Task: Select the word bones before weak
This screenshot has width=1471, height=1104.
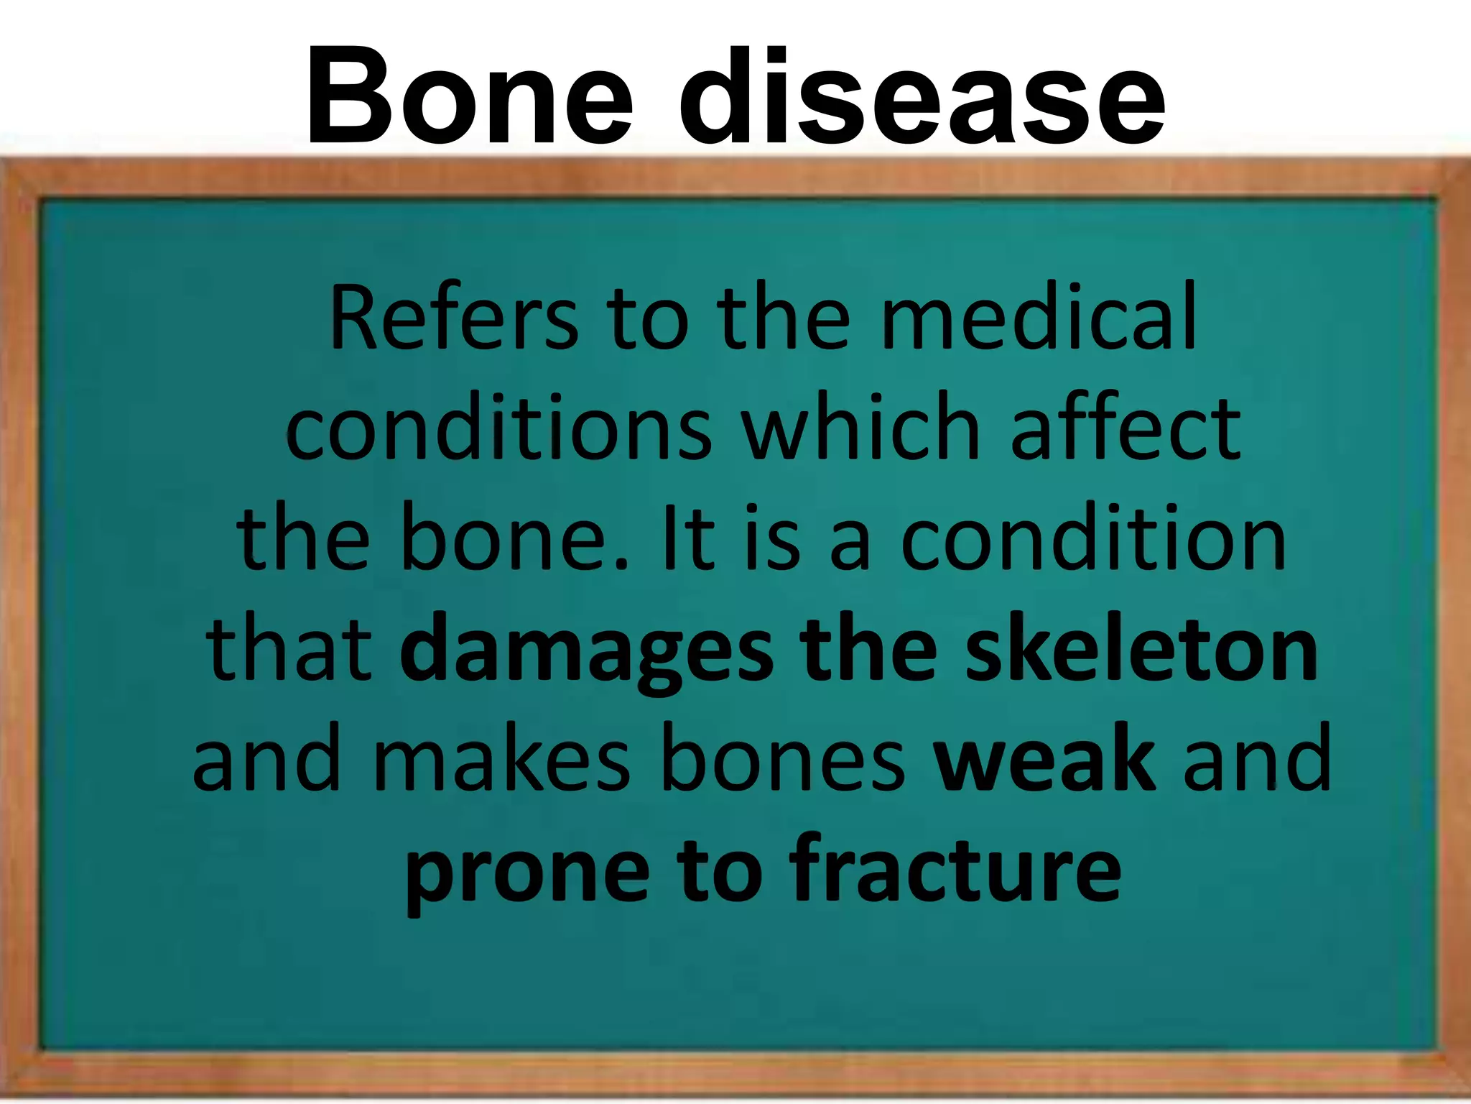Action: click(782, 760)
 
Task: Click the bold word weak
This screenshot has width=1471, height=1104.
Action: click(1044, 760)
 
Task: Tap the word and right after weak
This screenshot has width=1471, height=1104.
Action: click(1257, 760)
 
